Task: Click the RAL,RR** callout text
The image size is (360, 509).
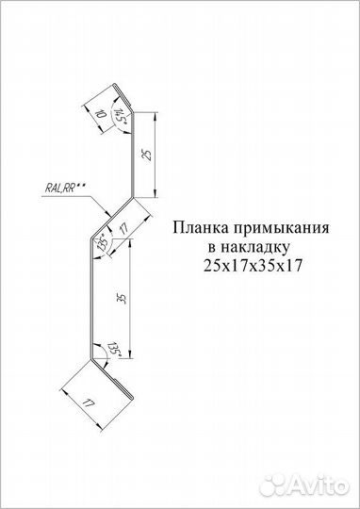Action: coord(63,188)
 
